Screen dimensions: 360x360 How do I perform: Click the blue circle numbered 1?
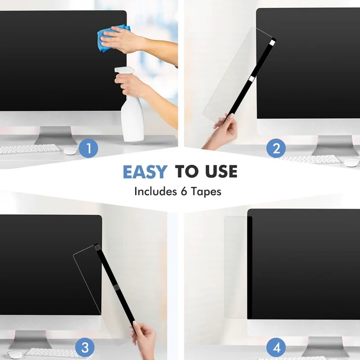click(x=88, y=148)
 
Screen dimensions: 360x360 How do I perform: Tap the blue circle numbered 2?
click(x=276, y=148)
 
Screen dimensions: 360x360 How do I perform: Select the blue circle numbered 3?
click(x=85, y=348)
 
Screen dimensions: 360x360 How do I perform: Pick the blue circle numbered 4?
click(x=276, y=348)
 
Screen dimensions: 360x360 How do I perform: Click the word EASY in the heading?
click(x=145, y=172)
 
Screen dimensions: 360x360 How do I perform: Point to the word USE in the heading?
click(x=221, y=171)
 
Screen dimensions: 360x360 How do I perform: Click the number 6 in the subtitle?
click(x=184, y=191)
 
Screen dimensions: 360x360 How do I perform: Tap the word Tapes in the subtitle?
click(x=206, y=192)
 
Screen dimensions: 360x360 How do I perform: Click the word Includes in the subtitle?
click(x=155, y=191)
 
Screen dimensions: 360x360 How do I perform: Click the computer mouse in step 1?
click(x=71, y=151)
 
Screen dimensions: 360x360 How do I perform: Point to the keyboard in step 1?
click(x=30, y=148)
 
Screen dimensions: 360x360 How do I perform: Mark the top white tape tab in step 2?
click(x=272, y=43)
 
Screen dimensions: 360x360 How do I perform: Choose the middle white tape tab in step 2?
click(x=251, y=79)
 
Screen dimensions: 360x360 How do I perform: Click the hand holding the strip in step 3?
click(x=144, y=340)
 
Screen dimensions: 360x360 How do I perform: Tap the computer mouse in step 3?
click(x=15, y=355)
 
